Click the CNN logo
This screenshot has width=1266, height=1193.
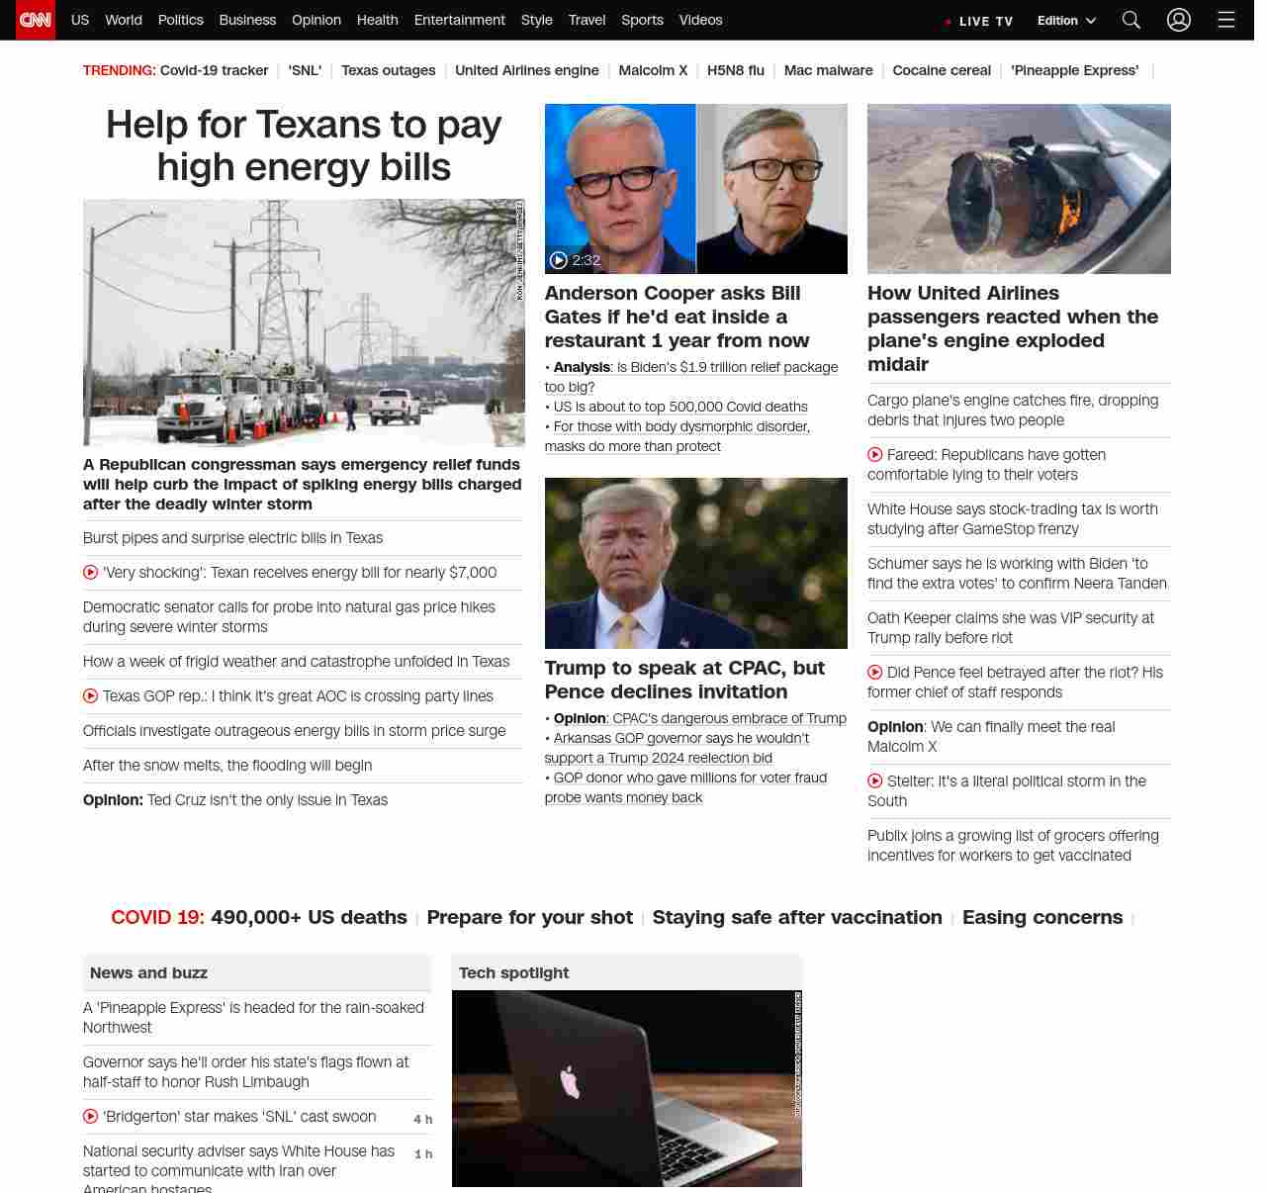(x=36, y=20)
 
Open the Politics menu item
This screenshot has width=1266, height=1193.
(x=180, y=20)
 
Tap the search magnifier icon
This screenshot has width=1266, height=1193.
(x=1131, y=20)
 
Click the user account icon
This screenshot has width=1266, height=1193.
(x=1178, y=20)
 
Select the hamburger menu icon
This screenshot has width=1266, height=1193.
(x=1226, y=20)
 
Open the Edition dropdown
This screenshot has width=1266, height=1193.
(x=1066, y=21)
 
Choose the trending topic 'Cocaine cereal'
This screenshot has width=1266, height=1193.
(x=941, y=70)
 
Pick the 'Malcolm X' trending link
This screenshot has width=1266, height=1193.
(x=653, y=70)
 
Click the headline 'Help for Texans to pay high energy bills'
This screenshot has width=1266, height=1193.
(x=304, y=145)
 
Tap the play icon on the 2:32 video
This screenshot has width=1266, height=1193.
(x=559, y=260)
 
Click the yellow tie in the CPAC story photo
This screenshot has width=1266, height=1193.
(x=627, y=632)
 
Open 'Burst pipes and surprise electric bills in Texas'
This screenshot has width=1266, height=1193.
(x=232, y=538)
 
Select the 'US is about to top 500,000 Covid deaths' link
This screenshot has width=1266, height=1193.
(x=680, y=407)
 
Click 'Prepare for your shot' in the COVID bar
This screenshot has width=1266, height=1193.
(x=529, y=917)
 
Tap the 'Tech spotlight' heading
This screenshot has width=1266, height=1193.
(x=513, y=972)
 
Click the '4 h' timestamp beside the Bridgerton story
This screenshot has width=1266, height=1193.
(x=422, y=1119)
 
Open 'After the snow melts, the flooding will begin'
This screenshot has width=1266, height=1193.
(x=227, y=766)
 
